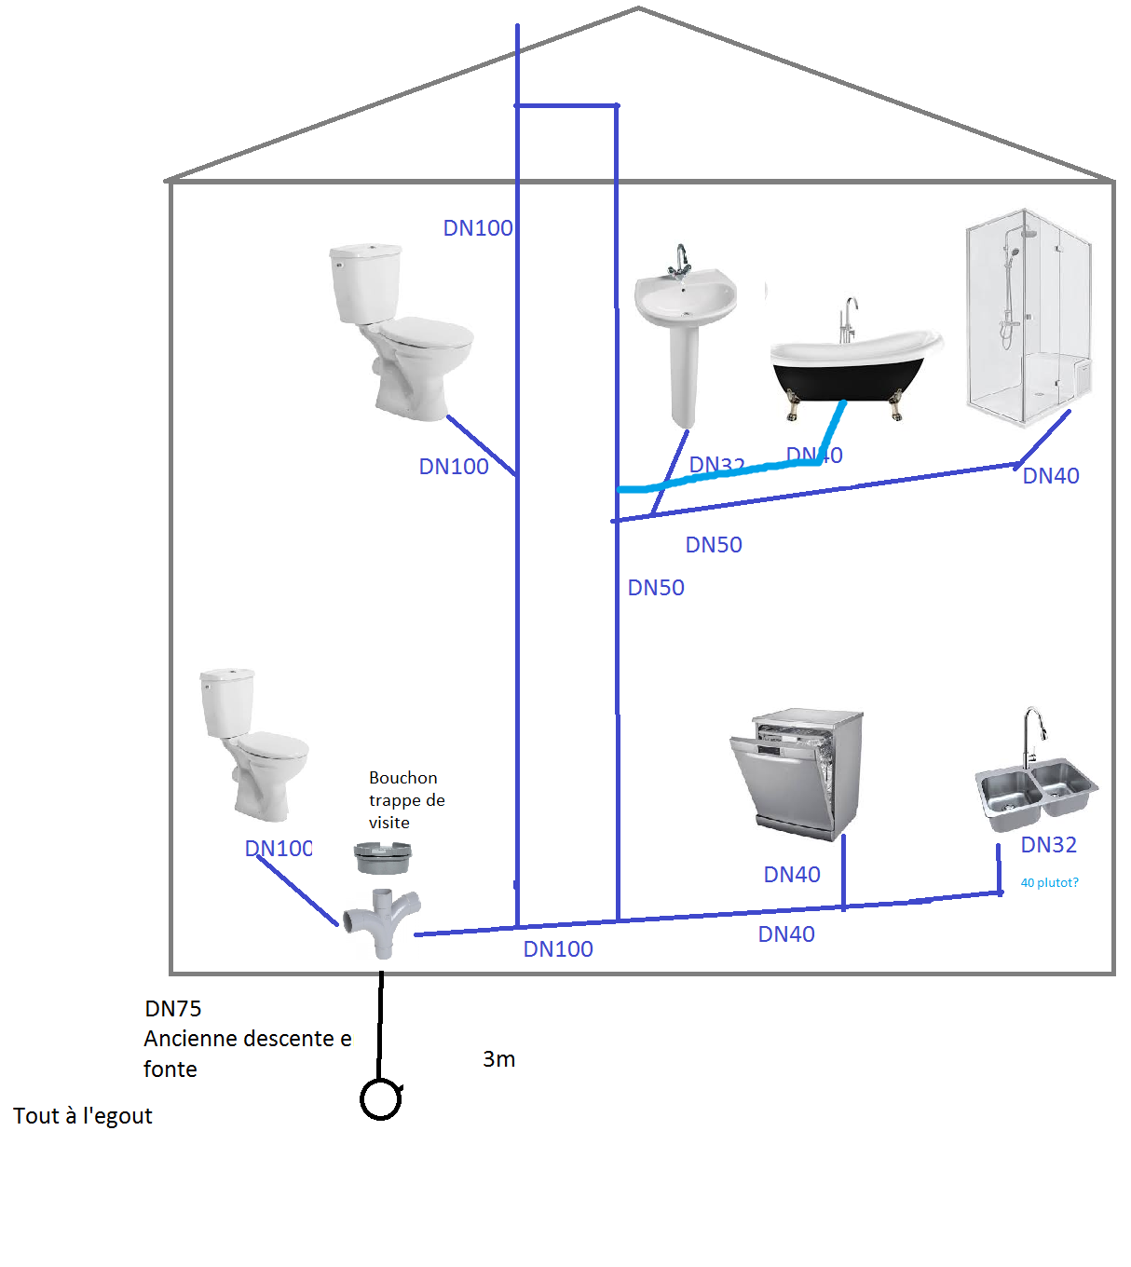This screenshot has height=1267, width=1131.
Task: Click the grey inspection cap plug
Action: pos(383,857)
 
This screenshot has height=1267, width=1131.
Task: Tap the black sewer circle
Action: pos(380,1099)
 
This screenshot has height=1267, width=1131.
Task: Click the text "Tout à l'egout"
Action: pos(83,1116)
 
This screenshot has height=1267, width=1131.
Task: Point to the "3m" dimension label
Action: pos(499,1059)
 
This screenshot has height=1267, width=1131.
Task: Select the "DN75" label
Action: pos(173,1009)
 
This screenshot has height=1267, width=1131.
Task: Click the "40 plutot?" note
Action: pos(1049,882)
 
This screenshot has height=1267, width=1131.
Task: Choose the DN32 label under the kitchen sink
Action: pos(1049,845)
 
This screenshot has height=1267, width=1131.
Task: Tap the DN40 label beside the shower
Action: pos(1051,476)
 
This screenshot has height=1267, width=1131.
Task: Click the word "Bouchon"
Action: pos(402,778)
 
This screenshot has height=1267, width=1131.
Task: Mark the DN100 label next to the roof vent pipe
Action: pos(478,228)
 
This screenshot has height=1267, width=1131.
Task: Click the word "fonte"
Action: pos(170,1069)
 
